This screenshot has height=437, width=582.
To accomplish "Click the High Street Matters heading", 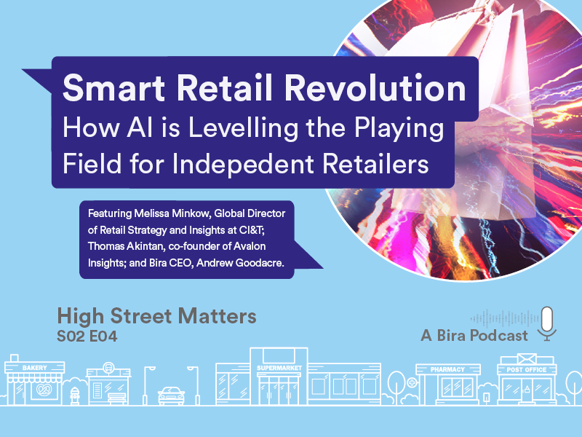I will [x=156, y=317].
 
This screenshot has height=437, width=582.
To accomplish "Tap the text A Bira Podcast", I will [x=474, y=336].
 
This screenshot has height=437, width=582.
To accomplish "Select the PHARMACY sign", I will [x=447, y=369].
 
